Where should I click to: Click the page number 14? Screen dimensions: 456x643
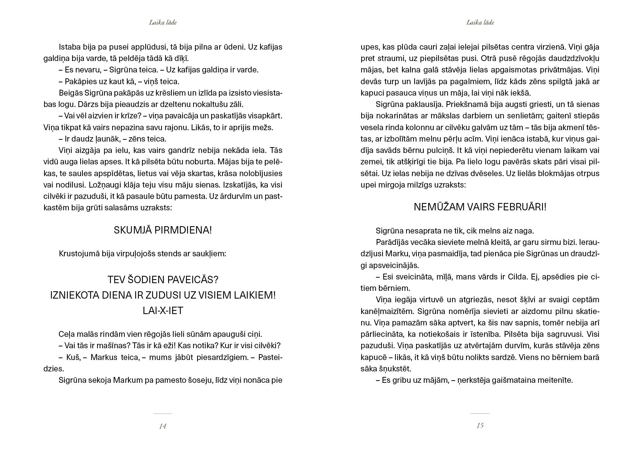point(163,426)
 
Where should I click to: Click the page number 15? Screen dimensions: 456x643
point(480,425)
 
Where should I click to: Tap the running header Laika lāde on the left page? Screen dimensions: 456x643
point(163,22)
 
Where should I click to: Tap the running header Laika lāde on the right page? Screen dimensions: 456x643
point(480,22)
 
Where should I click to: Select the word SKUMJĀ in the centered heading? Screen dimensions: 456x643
point(132,231)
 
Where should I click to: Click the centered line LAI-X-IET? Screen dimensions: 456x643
point(163,311)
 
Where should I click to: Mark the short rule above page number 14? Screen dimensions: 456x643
point(163,414)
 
